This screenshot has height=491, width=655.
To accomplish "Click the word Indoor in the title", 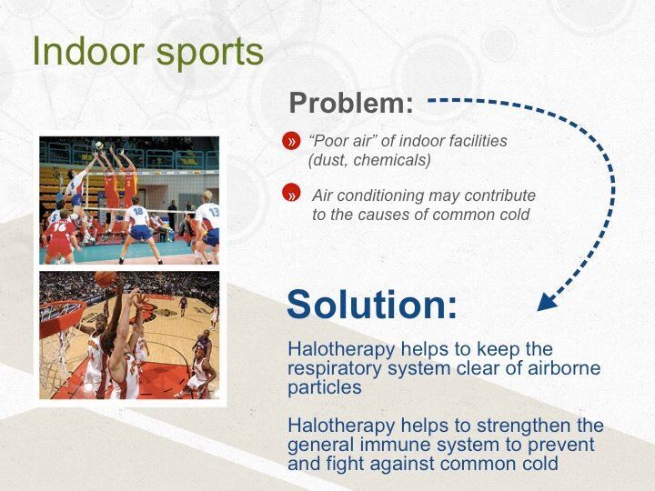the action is (88, 51).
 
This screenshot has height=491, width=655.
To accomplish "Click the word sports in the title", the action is (210, 53).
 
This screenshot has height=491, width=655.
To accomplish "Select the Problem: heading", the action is (351, 102).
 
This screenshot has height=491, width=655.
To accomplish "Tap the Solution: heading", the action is (372, 304).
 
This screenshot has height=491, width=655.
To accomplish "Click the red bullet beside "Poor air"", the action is (291, 141).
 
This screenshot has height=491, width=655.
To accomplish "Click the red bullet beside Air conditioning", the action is (291, 194).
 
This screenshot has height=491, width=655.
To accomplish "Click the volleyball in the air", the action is (99, 145).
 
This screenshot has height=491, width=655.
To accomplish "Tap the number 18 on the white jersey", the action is (138, 211).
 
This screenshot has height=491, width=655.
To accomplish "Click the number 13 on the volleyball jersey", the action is (214, 212).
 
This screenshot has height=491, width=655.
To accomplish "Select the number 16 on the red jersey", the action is (60, 227).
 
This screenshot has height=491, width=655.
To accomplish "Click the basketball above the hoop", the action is (105, 278).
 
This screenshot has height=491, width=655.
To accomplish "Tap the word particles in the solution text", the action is (325, 388).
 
